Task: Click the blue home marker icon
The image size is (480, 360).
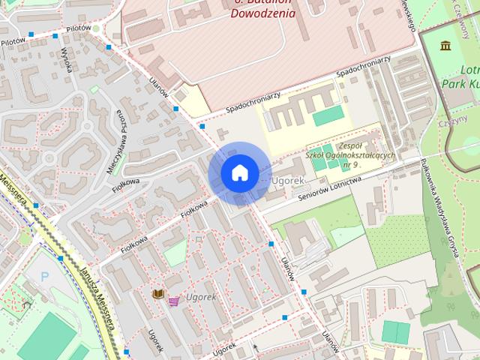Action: [x=239, y=174]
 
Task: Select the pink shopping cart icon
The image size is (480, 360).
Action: [x=174, y=301]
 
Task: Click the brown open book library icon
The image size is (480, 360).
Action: [x=157, y=294]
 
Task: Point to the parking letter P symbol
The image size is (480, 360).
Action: [x=44, y=277]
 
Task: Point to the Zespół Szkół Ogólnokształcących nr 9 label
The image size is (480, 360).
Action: [x=339, y=155]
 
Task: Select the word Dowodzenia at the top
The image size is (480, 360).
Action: [x=262, y=13]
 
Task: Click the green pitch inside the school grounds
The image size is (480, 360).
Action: [x=328, y=115]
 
